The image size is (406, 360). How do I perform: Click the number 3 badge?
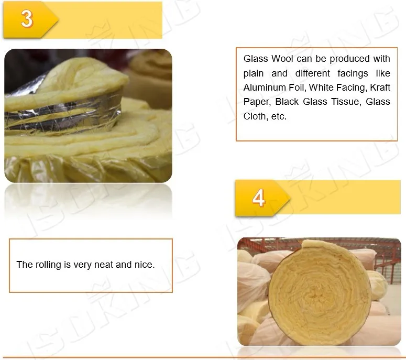(x=27, y=20)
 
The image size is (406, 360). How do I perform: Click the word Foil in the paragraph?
(x=297, y=88)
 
